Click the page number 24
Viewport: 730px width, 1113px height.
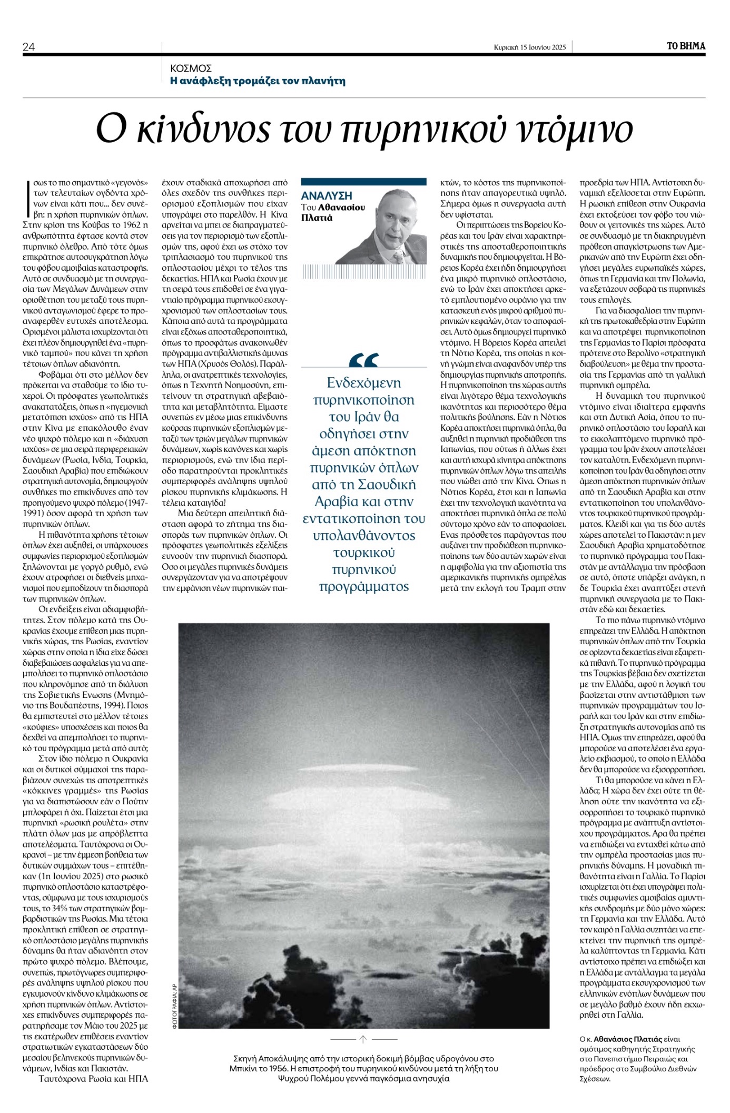click(x=28, y=47)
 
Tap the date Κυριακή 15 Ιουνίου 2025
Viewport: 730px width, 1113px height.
click(x=530, y=47)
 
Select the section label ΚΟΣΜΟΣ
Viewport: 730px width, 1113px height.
click(x=191, y=68)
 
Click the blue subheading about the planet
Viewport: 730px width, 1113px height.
click(x=258, y=81)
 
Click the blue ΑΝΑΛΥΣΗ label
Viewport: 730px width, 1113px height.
click(x=327, y=196)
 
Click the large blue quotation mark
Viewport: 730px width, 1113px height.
click(x=363, y=360)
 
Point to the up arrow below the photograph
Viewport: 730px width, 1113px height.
click(x=363, y=1039)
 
